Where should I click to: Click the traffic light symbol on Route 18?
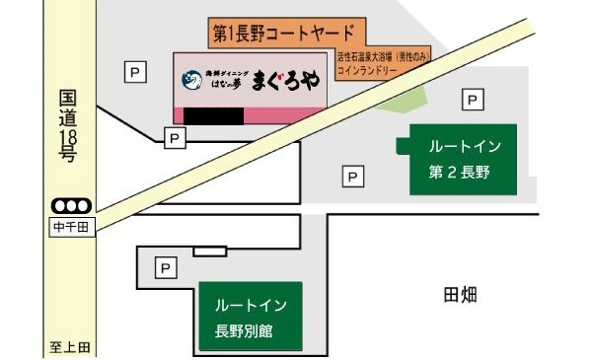71,206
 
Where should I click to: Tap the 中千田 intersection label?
71,227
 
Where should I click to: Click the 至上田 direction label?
71,347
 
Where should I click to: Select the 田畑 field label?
461,294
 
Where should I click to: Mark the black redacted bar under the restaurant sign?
213,116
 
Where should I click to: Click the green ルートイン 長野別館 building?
250,316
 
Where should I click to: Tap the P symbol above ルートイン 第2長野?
474,100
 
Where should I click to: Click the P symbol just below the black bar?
174,139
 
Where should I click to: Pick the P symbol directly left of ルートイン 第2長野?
352,178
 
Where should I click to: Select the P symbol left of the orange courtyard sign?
133,71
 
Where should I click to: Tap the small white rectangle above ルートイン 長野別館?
209,252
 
